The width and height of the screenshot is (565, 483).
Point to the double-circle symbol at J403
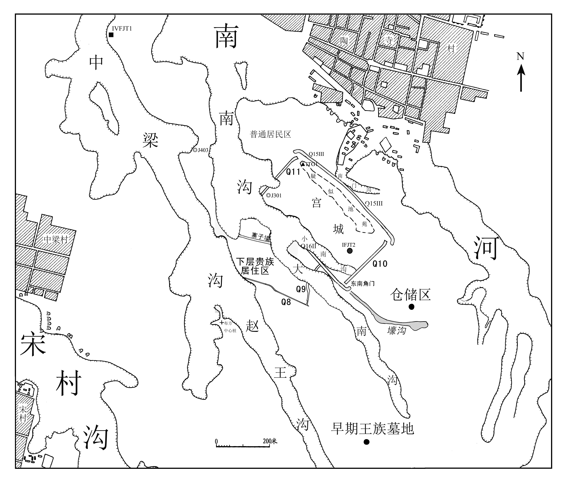tap(195, 150)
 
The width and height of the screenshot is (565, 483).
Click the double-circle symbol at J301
tap(268, 195)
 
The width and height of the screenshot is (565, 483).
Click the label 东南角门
tap(363, 284)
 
